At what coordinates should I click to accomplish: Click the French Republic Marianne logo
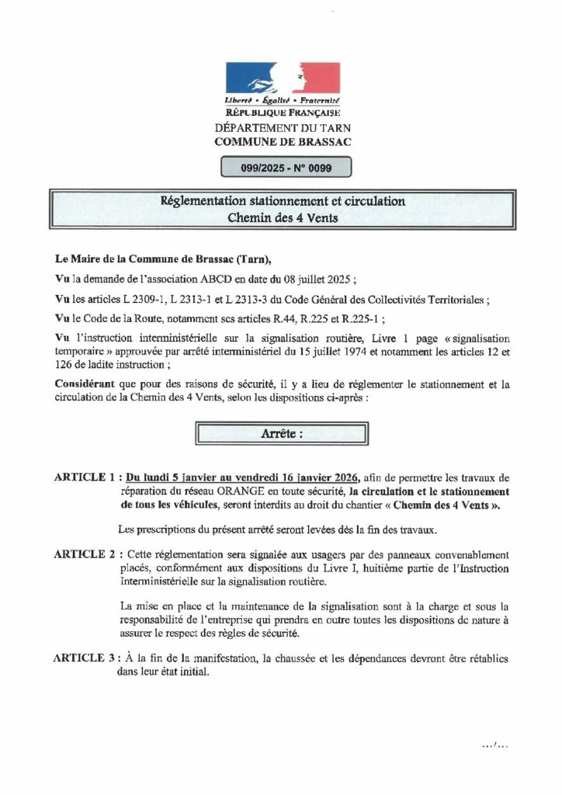(283, 79)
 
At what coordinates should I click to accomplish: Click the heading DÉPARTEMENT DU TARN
(283, 128)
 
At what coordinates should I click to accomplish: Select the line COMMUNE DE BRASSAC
(283, 141)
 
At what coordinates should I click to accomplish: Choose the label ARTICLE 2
(85, 555)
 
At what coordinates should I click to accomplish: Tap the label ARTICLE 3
(85, 658)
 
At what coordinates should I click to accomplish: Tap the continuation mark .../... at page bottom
(494, 746)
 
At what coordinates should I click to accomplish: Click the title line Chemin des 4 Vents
(283, 218)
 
